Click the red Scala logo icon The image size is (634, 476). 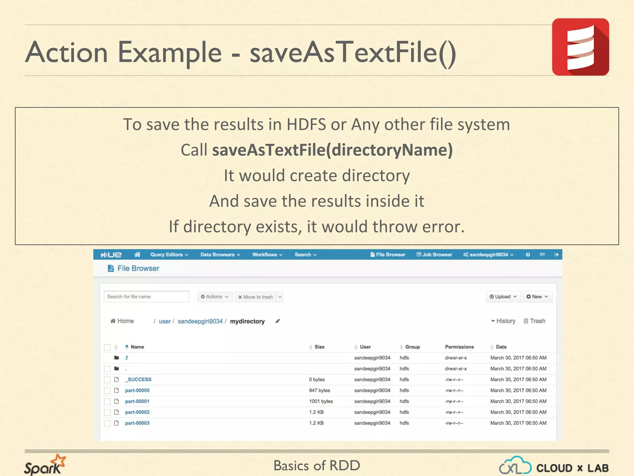click(580, 47)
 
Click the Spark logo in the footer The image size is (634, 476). click(45, 465)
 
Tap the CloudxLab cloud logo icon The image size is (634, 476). click(515, 465)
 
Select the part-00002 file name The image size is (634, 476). click(137, 412)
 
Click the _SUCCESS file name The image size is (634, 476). click(139, 379)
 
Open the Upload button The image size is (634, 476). click(503, 297)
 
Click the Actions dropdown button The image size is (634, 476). click(215, 297)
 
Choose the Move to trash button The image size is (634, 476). click(255, 297)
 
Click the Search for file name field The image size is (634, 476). click(146, 297)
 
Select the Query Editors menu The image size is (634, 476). click(169, 254)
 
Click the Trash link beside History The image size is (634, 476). click(534, 321)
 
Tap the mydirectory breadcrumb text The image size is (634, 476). click(247, 321)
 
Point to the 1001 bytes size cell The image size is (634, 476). click(321, 401)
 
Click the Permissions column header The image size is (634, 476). click(459, 347)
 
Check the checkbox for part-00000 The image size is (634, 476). click(107, 390)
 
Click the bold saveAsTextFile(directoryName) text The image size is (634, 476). click(332, 150)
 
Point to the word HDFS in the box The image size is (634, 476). click(306, 125)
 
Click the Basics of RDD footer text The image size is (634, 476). click(317, 465)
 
